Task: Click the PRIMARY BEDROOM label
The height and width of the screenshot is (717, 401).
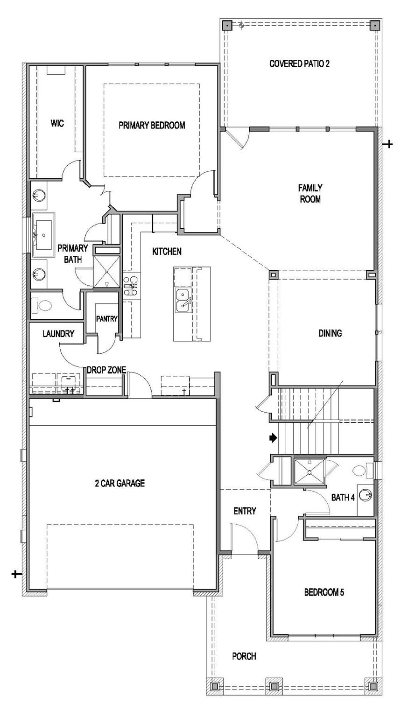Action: [151, 125]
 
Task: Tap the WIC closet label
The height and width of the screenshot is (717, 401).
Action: [57, 124]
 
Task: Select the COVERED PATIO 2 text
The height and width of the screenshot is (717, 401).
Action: [299, 63]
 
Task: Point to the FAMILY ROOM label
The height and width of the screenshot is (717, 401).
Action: [310, 193]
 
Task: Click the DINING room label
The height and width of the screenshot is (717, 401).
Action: [330, 333]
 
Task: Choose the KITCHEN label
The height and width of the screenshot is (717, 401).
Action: [167, 252]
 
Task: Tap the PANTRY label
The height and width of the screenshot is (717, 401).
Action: [106, 319]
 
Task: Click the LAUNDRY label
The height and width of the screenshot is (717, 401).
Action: [58, 334]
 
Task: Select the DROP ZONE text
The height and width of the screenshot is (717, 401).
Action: [106, 370]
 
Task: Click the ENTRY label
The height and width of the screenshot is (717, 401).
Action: [245, 511]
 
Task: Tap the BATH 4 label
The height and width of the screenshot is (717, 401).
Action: [343, 498]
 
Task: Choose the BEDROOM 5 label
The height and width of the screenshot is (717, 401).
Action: [324, 592]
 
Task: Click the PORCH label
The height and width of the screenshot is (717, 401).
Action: [244, 656]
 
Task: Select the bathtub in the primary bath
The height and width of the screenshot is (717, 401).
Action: [43, 235]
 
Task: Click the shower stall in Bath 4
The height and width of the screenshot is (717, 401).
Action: [309, 473]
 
